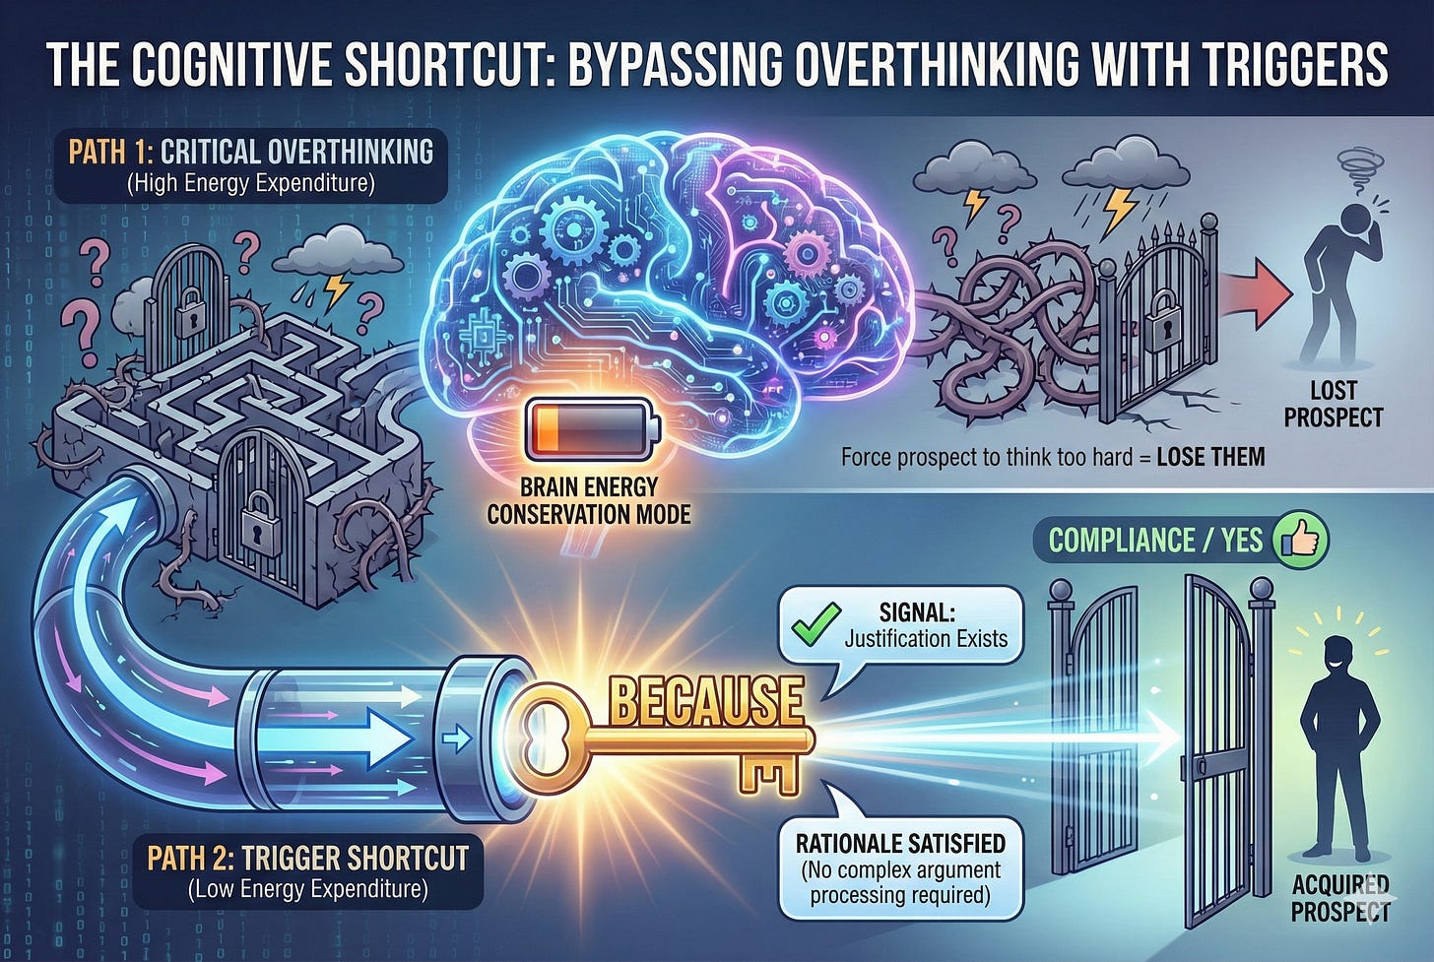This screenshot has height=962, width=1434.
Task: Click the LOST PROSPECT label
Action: click(1334, 404)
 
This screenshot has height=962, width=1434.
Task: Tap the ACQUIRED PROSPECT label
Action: click(1339, 897)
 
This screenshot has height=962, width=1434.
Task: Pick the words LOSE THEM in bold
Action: click(1210, 457)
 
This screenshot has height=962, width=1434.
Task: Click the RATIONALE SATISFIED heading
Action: click(900, 844)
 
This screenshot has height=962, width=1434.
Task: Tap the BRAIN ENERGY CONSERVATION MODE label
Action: click(589, 500)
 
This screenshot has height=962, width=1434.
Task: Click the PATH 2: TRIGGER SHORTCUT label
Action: click(307, 858)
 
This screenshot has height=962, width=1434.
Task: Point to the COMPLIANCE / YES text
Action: click(1155, 541)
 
